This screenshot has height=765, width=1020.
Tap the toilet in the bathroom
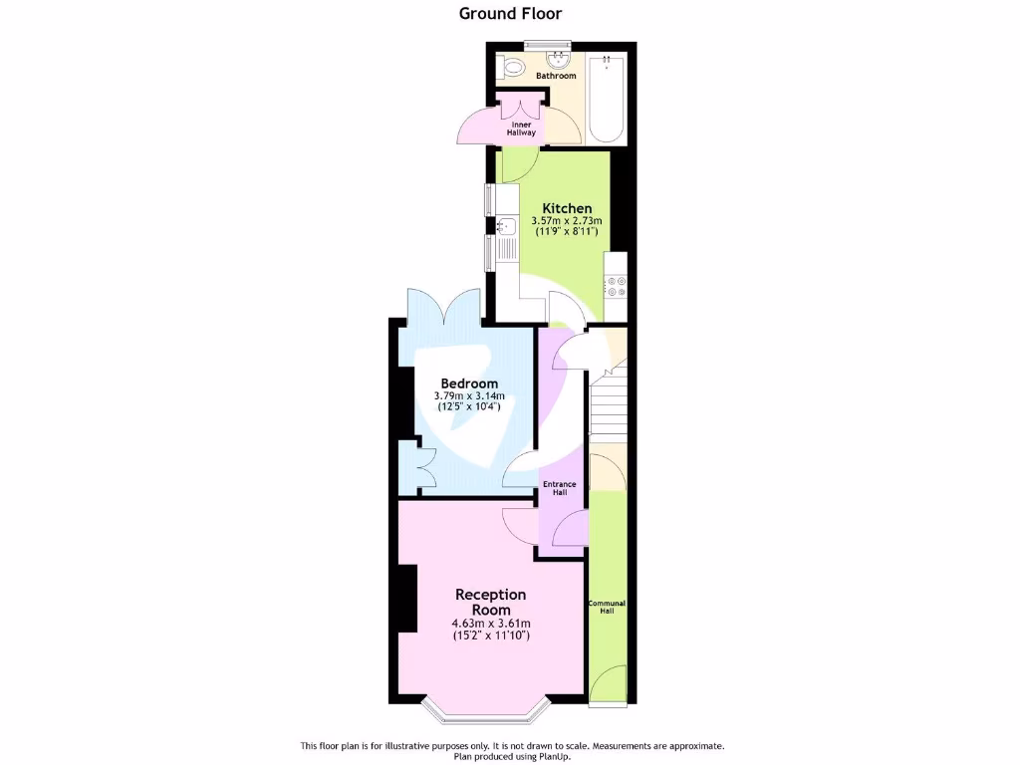[x=513, y=68]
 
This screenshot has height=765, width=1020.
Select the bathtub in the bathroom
[x=606, y=100]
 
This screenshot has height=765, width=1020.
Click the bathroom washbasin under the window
[x=547, y=58]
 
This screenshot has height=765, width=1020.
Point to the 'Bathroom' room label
[x=556, y=77]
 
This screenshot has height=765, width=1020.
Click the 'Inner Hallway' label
[x=523, y=128]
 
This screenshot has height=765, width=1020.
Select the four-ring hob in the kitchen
[x=615, y=287]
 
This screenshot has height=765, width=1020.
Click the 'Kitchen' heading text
[x=560, y=208]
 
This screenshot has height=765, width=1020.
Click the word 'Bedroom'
[x=469, y=384]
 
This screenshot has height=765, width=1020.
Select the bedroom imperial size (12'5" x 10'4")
[x=467, y=406]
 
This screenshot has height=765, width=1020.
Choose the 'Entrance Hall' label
[x=559, y=488]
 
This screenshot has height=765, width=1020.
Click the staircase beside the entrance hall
[x=609, y=403]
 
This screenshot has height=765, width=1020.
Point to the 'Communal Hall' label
[x=607, y=607]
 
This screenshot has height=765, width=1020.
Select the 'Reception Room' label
[x=490, y=602]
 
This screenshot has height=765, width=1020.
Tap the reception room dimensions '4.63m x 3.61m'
[x=490, y=625]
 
